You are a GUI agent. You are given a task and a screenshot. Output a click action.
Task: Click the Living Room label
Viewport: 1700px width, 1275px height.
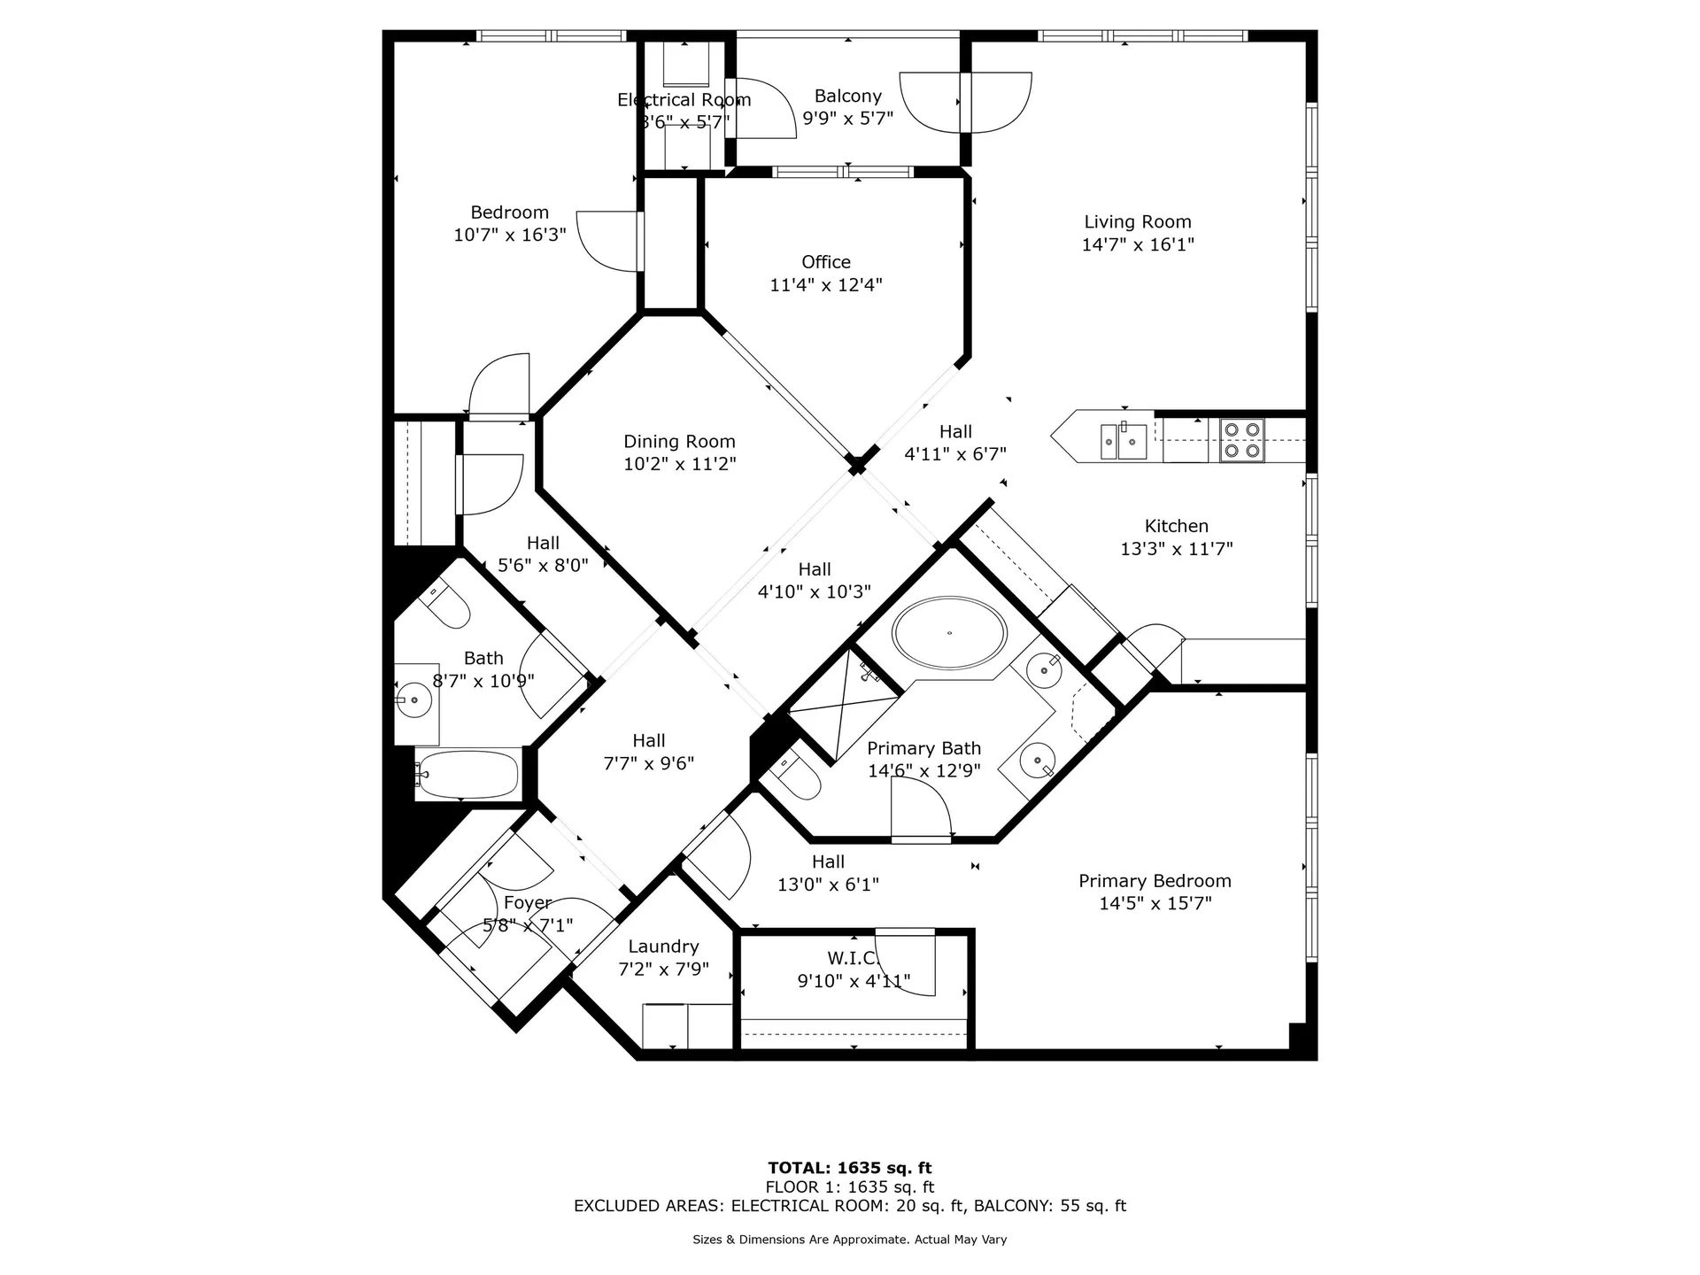tap(1137, 222)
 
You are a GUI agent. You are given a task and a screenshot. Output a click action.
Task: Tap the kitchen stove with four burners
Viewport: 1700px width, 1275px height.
tap(1241, 440)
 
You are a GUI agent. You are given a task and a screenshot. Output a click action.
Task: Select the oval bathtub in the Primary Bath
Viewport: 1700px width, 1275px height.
tap(949, 633)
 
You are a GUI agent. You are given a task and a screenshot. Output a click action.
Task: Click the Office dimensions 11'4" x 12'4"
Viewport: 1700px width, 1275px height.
tap(825, 285)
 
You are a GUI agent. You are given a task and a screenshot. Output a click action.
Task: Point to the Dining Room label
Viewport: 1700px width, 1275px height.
tap(679, 441)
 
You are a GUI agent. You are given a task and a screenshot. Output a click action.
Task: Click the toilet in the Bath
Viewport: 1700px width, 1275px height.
tap(447, 605)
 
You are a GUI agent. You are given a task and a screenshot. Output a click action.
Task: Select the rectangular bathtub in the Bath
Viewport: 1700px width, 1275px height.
tap(467, 775)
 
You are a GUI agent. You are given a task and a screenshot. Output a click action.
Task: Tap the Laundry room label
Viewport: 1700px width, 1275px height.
tap(663, 947)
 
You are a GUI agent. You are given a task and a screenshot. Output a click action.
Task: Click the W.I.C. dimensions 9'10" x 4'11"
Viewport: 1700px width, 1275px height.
tap(854, 981)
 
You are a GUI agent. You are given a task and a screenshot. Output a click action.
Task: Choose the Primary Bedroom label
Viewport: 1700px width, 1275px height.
tap(1155, 881)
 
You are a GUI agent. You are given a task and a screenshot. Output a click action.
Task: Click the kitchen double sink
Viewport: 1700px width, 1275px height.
tap(1124, 441)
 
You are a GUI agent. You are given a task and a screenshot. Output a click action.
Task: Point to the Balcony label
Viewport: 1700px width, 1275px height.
tap(847, 96)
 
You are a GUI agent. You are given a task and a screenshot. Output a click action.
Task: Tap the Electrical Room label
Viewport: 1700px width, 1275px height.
tap(684, 100)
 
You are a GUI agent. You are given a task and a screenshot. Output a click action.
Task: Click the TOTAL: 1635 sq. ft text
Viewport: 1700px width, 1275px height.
tap(849, 1168)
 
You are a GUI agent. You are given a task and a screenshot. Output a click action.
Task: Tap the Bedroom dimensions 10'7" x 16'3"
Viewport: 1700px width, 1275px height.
tap(509, 236)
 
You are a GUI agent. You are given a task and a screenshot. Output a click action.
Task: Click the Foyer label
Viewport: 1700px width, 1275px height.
tap(527, 903)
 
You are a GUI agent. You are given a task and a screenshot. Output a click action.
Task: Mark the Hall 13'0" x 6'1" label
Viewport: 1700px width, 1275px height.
tap(827, 862)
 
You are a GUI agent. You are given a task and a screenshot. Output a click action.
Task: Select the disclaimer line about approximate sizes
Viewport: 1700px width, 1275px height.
tap(849, 1240)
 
